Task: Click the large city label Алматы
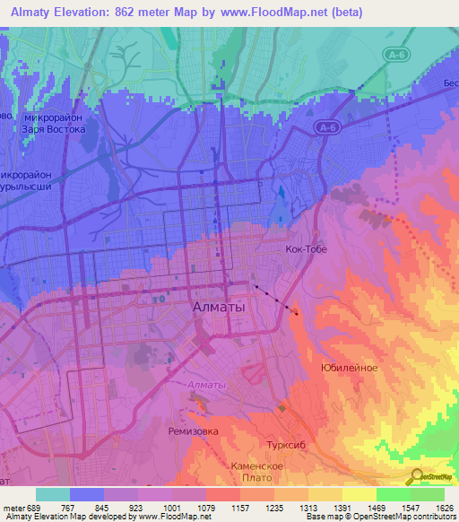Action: pos(219,307)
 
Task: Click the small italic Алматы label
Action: pos(207,385)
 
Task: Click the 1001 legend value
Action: pos(173,507)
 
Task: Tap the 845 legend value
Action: pos(104,507)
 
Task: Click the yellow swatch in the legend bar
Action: pos(359,494)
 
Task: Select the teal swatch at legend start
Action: pos(52,494)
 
